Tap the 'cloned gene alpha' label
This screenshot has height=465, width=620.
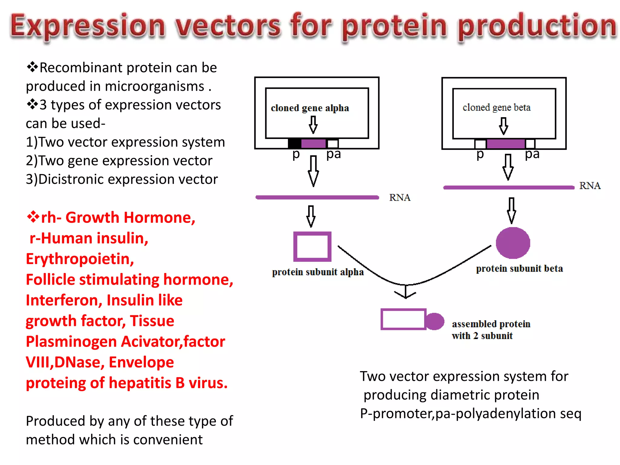[x=310, y=108]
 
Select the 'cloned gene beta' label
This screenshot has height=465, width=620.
[x=496, y=107]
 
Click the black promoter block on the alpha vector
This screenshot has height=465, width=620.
[x=294, y=143]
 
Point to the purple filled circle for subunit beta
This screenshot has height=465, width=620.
[x=513, y=243]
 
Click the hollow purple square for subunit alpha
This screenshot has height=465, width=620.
[x=312, y=246]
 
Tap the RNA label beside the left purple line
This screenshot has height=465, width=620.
[x=400, y=198]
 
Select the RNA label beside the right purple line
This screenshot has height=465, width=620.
[x=590, y=186]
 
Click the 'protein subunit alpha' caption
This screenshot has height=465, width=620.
[x=318, y=272]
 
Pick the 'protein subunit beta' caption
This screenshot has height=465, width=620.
[x=519, y=269]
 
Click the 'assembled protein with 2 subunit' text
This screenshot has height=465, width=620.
[x=491, y=330]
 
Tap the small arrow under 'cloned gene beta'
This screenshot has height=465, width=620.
[x=503, y=126]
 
